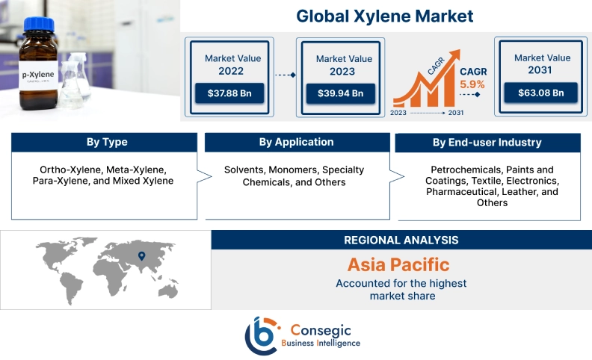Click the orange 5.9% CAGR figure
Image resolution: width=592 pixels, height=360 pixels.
[x=472, y=84]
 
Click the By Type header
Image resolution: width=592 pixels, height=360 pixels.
[x=107, y=143]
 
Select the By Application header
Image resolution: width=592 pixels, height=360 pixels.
[x=296, y=142]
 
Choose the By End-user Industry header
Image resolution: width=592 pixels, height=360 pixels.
[x=487, y=143]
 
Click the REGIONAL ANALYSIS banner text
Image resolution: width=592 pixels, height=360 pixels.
[x=401, y=240]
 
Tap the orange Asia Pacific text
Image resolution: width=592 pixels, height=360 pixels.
[x=398, y=264]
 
